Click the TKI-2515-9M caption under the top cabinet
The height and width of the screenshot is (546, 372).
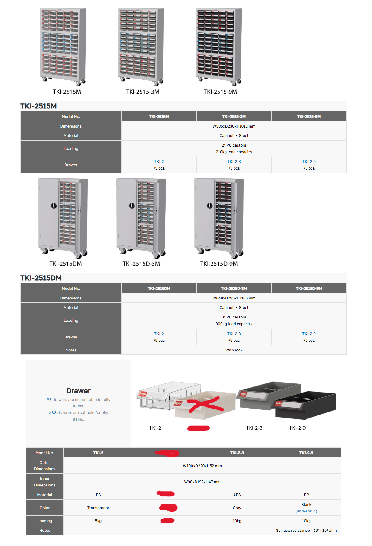[x=220, y=92]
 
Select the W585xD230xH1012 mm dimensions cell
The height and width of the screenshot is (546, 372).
[x=234, y=126]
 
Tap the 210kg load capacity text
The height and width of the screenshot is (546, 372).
[x=234, y=152]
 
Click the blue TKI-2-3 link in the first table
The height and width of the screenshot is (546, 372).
[x=234, y=162]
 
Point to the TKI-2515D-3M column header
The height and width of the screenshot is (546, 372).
[x=234, y=289]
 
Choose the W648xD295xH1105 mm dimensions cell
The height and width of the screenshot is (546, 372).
[x=234, y=298]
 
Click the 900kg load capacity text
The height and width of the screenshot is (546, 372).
[x=234, y=324]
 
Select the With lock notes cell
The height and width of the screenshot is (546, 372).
[x=234, y=350]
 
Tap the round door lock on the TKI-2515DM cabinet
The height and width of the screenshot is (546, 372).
[x=54, y=206]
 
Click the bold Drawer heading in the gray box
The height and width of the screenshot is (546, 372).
[x=79, y=391]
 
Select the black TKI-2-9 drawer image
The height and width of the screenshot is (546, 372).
[x=305, y=405]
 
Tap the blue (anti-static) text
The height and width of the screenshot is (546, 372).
[x=306, y=511]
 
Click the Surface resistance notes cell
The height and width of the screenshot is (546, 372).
[x=306, y=531]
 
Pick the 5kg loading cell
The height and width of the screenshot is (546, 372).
[x=98, y=521]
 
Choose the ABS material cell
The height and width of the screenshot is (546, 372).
[x=237, y=495]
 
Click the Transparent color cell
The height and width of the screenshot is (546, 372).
[x=98, y=508]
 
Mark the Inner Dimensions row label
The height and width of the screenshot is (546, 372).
[x=45, y=482]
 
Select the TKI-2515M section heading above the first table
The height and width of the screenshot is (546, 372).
[x=38, y=106]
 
